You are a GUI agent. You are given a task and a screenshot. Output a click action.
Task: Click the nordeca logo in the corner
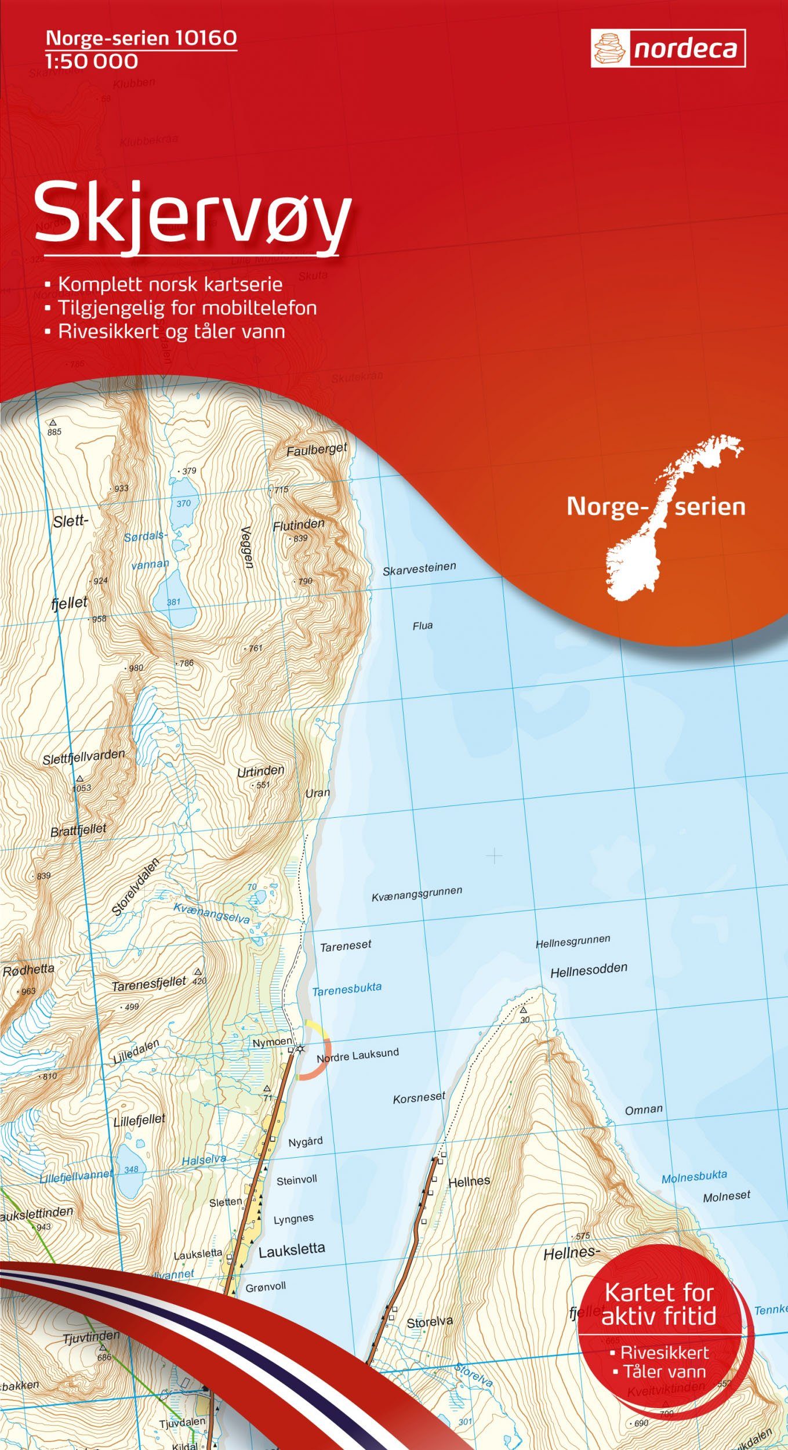click(x=668, y=49)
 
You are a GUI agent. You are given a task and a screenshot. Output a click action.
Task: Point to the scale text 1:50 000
click(x=92, y=61)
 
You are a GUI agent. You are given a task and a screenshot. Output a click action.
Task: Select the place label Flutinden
click(x=299, y=525)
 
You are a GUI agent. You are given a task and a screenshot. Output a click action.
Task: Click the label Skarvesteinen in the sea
click(x=419, y=568)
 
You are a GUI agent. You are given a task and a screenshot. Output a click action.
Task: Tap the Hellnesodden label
click(x=589, y=970)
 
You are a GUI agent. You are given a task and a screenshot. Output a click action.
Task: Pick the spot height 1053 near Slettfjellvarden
click(x=81, y=788)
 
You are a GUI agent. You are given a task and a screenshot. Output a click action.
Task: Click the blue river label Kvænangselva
click(x=212, y=913)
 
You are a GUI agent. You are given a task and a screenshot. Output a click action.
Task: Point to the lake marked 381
click(x=173, y=600)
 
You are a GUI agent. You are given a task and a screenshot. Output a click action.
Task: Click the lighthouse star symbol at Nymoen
click(x=300, y=1049)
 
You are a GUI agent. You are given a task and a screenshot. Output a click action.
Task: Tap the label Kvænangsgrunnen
click(x=417, y=894)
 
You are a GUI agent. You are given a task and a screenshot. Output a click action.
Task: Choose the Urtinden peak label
click(x=260, y=771)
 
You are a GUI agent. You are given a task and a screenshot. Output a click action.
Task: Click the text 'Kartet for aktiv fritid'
click(x=659, y=1304)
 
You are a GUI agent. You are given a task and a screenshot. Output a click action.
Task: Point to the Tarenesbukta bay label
click(x=347, y=989)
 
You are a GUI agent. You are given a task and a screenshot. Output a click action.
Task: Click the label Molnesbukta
click(x=694, y=1177)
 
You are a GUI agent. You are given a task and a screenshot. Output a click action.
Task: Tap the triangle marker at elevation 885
click(x=53, y=423)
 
